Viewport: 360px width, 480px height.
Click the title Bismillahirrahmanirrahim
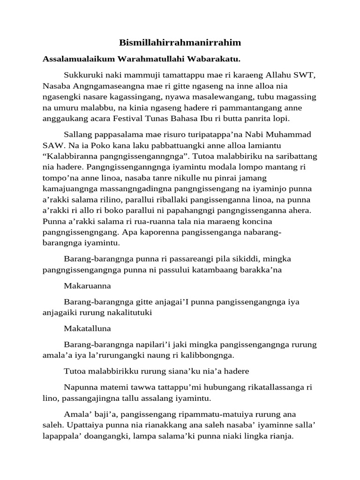tap(180, 43)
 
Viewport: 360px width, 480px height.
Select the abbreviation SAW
tap(52, 146)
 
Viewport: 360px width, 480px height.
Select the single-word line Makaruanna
tap(86, 286)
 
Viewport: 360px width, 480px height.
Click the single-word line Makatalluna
tap(86, 329)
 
